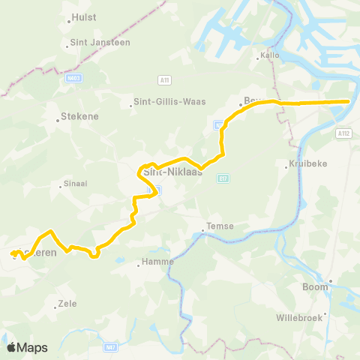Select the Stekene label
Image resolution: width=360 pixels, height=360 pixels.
click(76, 117)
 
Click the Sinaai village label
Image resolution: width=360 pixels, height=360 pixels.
click(76, 182)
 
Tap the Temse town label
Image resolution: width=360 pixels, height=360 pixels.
click(222, 226)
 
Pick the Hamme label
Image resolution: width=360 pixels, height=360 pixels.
click(159, 262)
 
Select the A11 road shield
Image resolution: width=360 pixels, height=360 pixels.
click(164, 79)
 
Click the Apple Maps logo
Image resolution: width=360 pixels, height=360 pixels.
click(27, 347)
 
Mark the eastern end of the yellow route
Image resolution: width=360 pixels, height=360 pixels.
click(349, 101)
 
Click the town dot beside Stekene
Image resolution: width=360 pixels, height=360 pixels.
click(59, 117)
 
